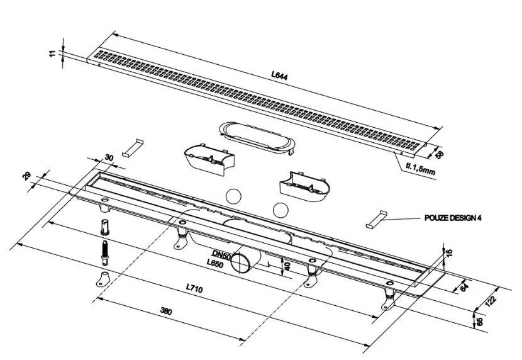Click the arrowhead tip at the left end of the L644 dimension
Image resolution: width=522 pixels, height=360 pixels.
(x=113, y=32)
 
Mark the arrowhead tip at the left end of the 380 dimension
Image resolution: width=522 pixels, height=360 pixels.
(x=97, y=298)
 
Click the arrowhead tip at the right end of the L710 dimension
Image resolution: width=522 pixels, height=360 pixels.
(x=370, y=346)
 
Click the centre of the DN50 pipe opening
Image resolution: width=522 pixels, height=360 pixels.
(x=240, y=262)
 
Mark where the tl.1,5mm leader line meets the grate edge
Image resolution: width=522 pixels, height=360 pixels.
(x=394, y=152)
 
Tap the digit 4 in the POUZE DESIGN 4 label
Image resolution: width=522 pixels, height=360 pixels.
(x=479, y=218)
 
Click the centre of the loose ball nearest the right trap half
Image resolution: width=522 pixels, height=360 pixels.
(x=280, y=210)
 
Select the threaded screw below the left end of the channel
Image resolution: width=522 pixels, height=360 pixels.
(x=105, y=252)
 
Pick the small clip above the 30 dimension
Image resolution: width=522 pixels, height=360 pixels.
(x=133, y=148)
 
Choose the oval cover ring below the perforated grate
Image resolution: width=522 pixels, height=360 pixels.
(x=257, y=138)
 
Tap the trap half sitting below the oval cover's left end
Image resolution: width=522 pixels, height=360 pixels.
(x=209, y=159)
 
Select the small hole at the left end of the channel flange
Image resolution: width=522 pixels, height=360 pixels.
(x=105, y=200)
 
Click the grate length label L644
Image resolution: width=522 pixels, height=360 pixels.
(x=279, y=76)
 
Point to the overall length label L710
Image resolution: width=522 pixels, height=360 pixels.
(x=194, y=288)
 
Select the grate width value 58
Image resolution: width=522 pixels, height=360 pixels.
(x=440, y=154)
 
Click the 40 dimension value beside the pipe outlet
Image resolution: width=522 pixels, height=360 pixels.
(x=287, y=266)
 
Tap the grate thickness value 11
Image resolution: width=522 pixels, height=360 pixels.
(x=53, y=53)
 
